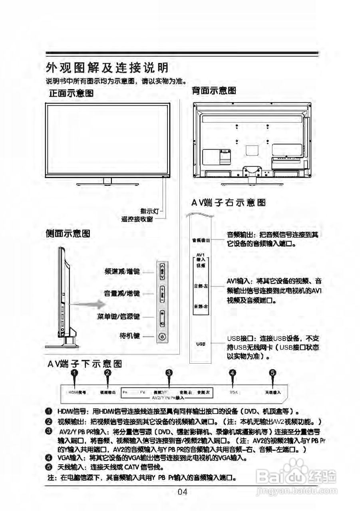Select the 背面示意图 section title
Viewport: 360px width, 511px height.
tap(214, 91)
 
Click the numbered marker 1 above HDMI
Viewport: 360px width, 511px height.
tap(74, 373)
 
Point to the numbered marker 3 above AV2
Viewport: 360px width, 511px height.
tap(169, 373)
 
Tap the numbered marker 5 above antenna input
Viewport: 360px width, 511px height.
tap(272, 373)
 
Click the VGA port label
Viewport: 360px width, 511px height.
tap(234, 392)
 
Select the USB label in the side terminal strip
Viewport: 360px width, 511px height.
tap(201, 344)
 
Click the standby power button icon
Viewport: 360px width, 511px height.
tap(162, 337)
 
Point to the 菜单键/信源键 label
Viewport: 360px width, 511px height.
tap(119, 317)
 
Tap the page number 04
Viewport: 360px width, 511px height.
tap(182, 492)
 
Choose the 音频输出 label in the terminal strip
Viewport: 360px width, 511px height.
tap(201, 240)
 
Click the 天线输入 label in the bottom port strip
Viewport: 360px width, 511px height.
tap(273, 392)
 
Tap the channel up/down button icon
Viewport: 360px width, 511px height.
tap(162, 272)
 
